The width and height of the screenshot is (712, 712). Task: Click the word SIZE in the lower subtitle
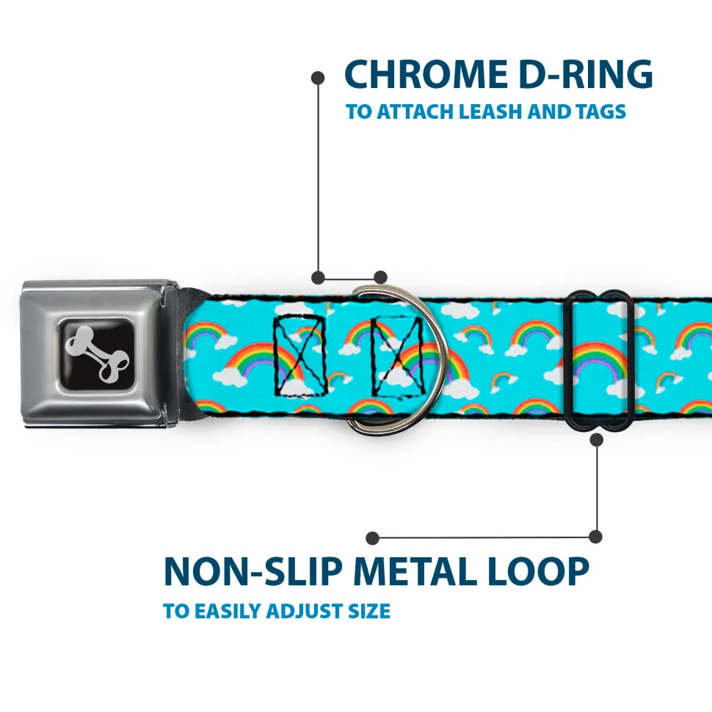click(x=369, y=611)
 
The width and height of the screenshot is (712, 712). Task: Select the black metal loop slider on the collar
click(x=600, y=359)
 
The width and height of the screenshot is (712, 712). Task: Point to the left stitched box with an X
click(x=300, y=353)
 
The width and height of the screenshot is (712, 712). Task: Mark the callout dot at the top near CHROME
click(x=318, y=77)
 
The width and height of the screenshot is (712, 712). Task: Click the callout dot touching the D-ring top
click(x=380, y=277)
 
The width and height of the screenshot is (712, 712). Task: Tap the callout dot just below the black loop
click(x=596, y=440)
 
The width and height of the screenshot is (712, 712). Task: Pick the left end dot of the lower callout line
click(x=373, y=537)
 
